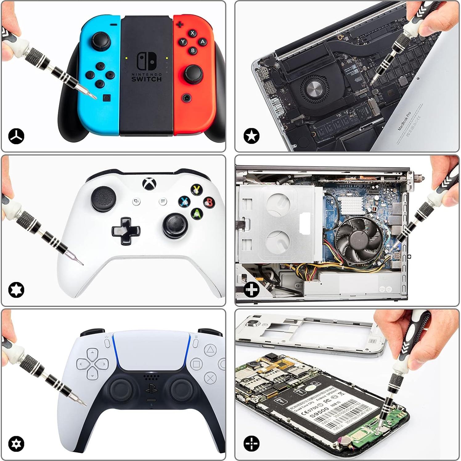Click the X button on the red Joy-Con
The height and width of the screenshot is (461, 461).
(x=193, y=33)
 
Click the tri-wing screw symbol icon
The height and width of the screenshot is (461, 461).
(x=16, y=136)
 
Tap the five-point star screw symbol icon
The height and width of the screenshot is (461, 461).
(x=251, y=136)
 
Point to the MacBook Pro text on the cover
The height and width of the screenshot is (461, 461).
(x=404, y=121)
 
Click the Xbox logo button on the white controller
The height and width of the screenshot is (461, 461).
(x=149, y=184)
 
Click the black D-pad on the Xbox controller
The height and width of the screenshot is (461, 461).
(x=126, y=230)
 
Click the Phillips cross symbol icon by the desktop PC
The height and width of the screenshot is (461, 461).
(x=251, y=290)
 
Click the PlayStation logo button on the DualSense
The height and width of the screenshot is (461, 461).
(x=151, y=389)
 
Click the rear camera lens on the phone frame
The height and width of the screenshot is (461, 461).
(x=253, y=323)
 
